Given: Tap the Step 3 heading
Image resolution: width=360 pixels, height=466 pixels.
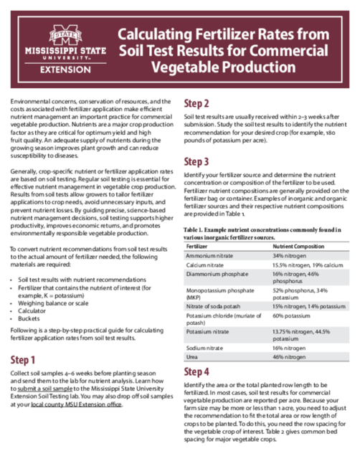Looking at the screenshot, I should click(196, 161).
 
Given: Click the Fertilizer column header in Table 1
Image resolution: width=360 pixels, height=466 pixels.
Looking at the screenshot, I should click(196, 245).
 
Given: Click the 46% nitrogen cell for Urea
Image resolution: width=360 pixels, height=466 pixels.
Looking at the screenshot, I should click(288, 356).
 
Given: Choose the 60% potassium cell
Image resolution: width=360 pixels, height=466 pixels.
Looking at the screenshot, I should click(290, 315).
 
